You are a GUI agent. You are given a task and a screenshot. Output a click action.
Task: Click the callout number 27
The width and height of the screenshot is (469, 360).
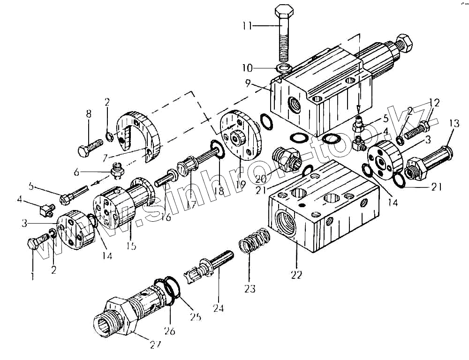coord(155,345)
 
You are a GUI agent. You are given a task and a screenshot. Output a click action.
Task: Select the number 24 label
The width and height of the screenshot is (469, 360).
coord(218,308)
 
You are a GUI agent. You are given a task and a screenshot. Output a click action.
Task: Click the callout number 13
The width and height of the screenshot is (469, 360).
coord(453,123)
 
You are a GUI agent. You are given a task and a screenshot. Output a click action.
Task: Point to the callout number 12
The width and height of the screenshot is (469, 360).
coord(434,102)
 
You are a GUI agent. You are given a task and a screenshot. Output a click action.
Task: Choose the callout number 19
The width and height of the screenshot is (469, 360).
coord(242,184)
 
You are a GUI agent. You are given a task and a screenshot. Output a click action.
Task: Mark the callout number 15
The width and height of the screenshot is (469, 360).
coord(133,246)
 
